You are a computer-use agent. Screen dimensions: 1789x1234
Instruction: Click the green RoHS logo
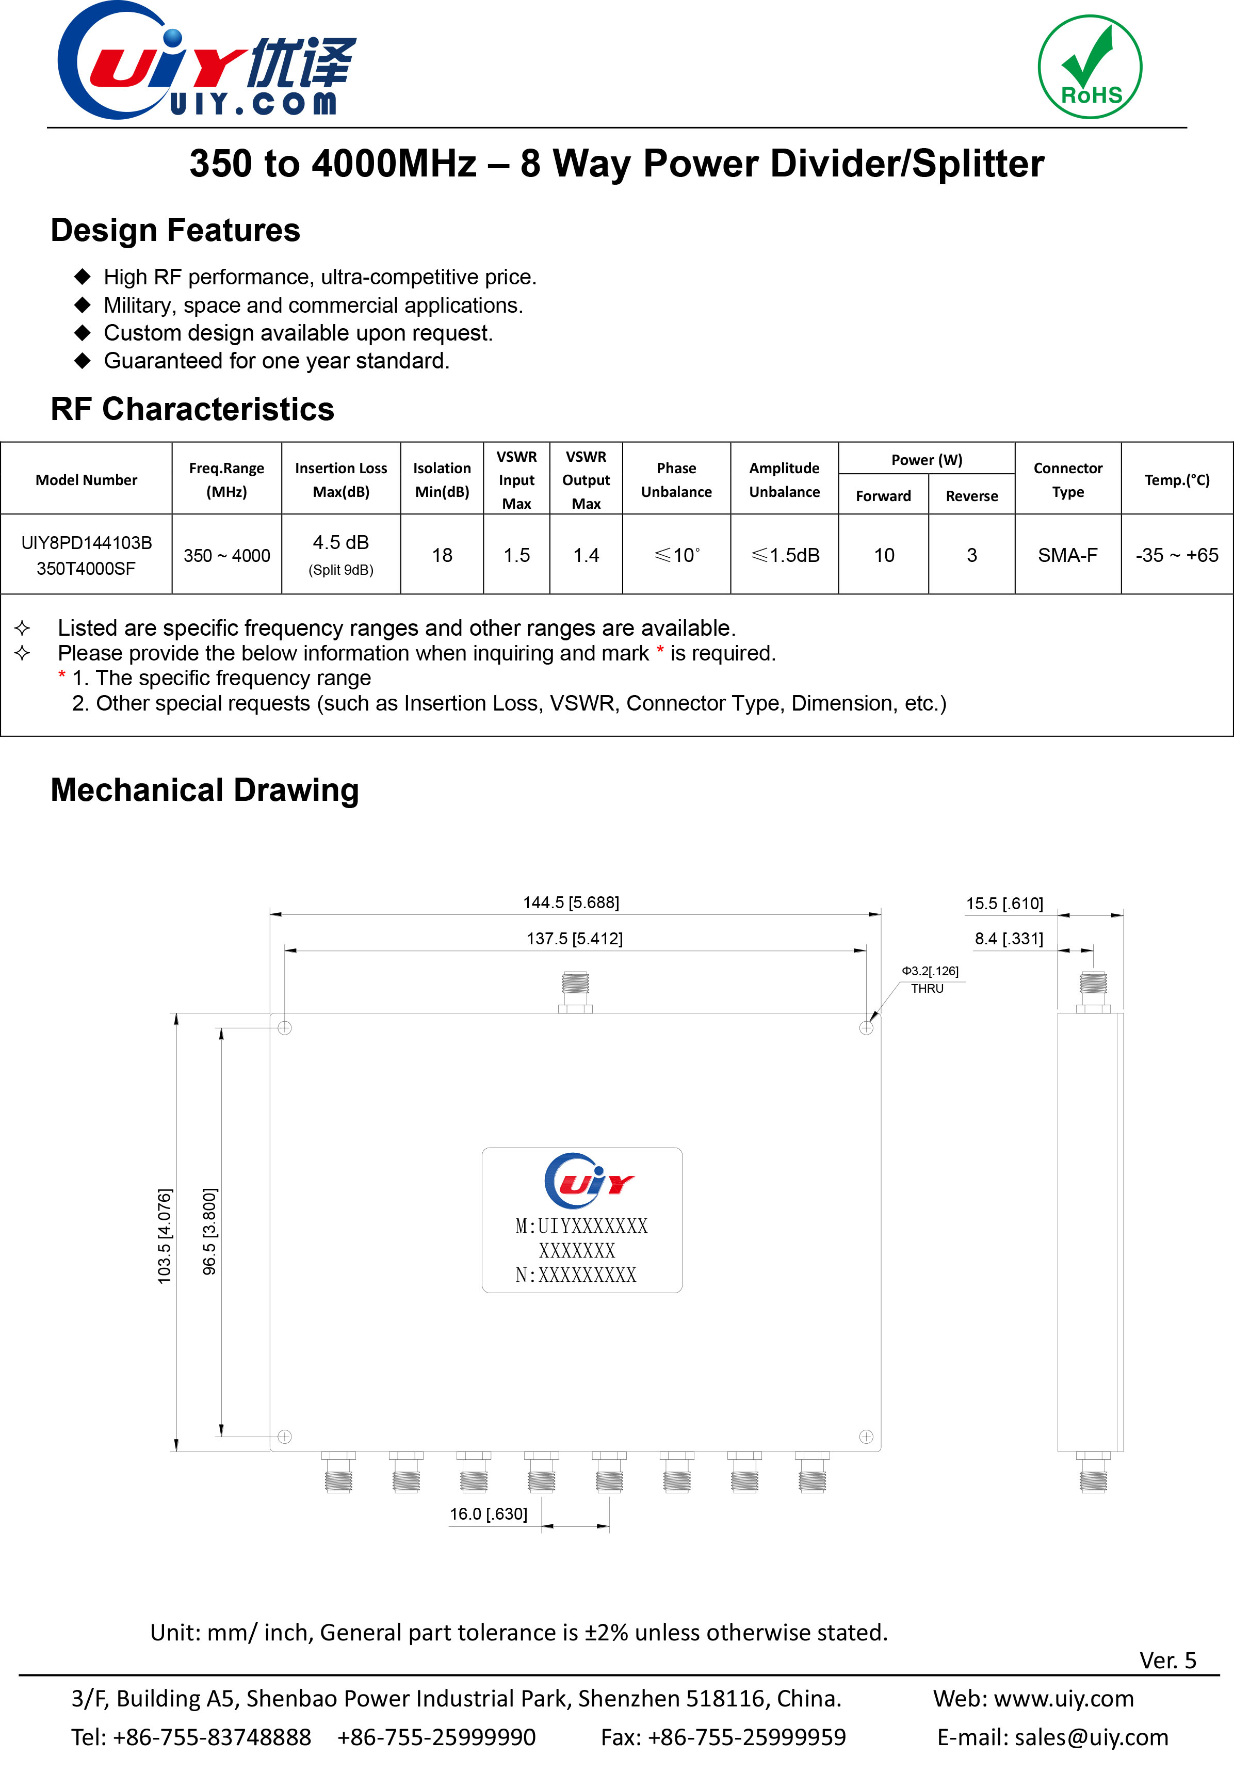(1090, 67)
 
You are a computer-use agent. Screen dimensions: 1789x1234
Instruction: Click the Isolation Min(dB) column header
(442, 479)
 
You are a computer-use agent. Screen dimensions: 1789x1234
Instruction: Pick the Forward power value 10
(883, 555)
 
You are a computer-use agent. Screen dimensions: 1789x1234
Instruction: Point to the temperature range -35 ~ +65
(1176, 555)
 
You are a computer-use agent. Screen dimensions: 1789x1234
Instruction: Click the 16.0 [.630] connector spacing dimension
(489, 1513)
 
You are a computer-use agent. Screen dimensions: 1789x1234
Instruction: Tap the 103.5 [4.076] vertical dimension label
(165, 1236)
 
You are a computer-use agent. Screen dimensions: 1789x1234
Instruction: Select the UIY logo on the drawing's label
(588, 1181)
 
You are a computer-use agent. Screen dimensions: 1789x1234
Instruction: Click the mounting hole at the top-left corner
(285, 1028)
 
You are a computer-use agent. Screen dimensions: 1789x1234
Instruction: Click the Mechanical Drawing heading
(204, 789)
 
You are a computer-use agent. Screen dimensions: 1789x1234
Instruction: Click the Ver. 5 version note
(1167, 1660)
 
